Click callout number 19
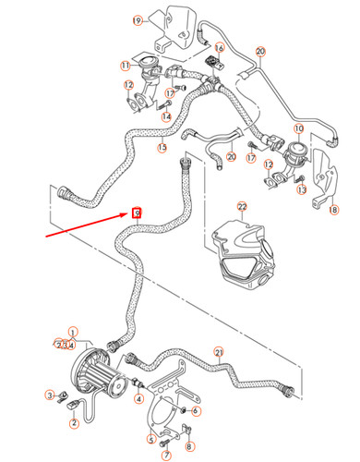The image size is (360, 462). point(138,20)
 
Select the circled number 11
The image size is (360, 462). point(124,66)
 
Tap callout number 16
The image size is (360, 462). point(220,47)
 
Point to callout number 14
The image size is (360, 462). point(166,116)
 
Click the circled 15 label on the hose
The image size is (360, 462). point(162,147)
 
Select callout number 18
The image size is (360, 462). point(334,211)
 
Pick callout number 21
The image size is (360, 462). point(219,351)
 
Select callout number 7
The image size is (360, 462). point(166,456)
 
